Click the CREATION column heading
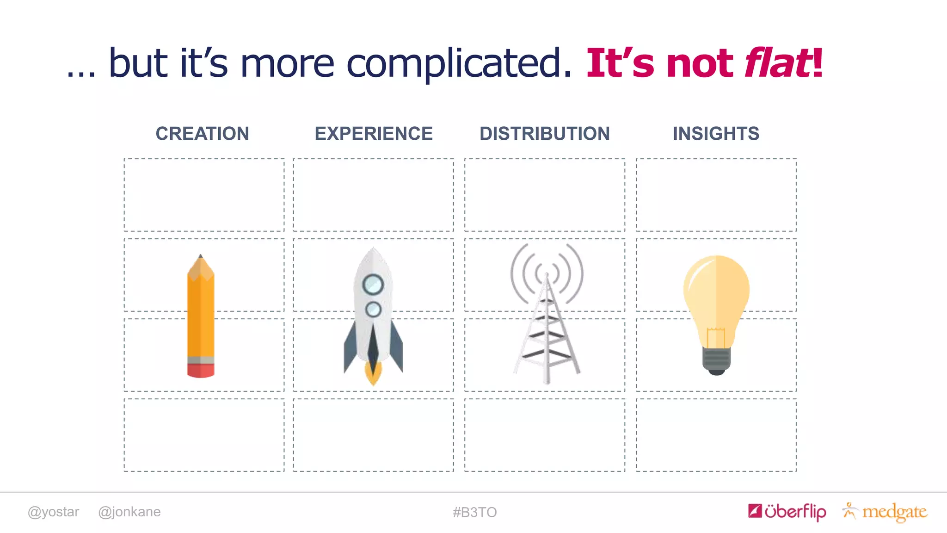click(x=202, y=134)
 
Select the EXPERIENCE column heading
click(x=374, y=134)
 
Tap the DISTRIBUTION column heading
click(x=544, y=134)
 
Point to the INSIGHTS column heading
click(x=716, y=134)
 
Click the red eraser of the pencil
click(x=201, y=370)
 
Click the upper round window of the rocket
click(x=373, y=284)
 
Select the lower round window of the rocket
click(x=373, y=309)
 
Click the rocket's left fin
click(x=350, y=347)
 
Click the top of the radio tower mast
click(x=547, y=276)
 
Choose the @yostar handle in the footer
click(x=53, y=512)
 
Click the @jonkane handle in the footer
click(x=129, y=512)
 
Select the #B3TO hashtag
click(x=475, y=512)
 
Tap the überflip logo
click(x=787, y=511)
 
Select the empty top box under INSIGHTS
click(x=716, y=195)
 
